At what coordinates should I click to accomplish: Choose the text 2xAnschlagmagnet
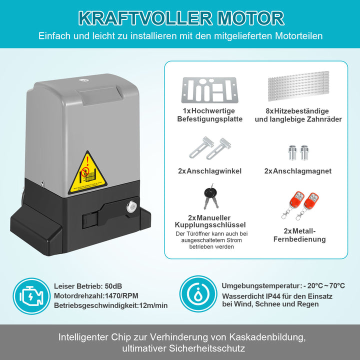[298, 171]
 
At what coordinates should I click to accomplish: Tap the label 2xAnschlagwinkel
[209, 171]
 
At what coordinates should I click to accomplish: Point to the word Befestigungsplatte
[209, 119]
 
